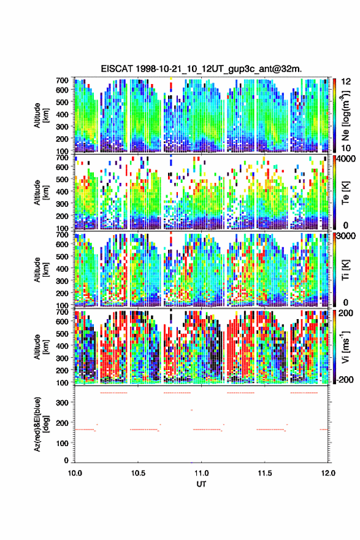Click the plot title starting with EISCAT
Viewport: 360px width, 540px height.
[x=201, y=69]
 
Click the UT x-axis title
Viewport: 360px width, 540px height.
[x=201, y=484]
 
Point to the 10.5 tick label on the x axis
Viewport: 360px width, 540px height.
[x=138, y=473]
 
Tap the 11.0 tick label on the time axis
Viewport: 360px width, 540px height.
[x=201, y=473]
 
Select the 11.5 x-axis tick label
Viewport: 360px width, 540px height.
[x=265, y=473]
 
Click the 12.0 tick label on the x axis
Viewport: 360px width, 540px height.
[x=328, y=473]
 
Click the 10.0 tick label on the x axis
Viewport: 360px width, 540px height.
[x=75, y=473]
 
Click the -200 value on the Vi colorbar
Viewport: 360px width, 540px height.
[x=345, y=379]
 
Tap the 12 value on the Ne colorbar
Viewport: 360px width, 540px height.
[x=346, y=81]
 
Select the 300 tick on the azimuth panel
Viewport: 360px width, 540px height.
[x=63, y=403]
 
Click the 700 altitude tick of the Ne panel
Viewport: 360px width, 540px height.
[x=63, y=80]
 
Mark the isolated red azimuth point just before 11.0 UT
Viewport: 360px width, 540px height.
[x=192, y=410]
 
